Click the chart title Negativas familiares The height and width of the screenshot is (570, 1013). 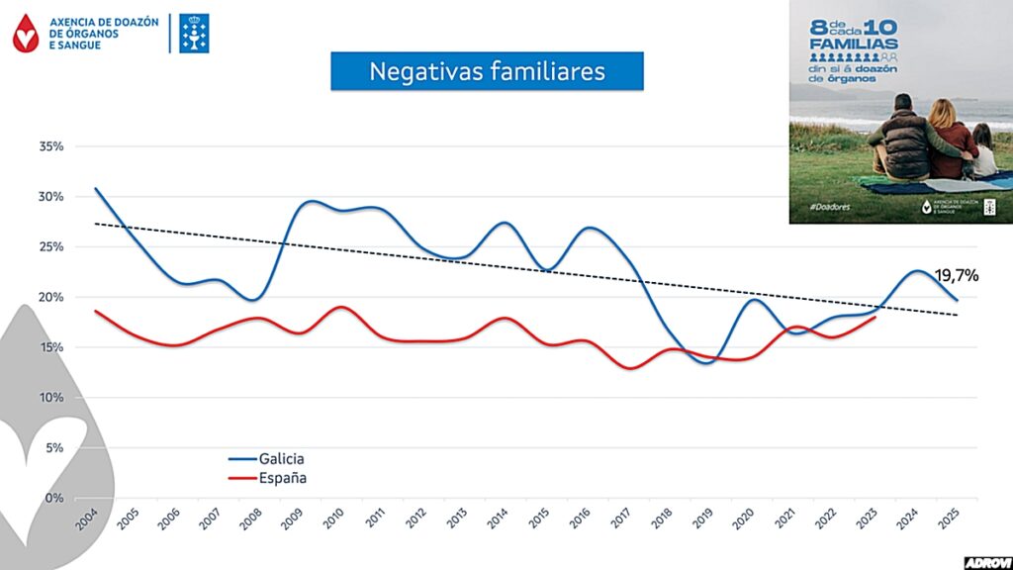487,71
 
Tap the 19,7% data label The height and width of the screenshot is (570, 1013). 956,276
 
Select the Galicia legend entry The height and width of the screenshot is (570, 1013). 281,459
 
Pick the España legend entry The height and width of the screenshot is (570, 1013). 282,478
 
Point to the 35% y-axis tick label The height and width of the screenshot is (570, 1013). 51,146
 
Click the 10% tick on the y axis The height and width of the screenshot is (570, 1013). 51,398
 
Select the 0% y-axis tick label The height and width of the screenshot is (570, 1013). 54,499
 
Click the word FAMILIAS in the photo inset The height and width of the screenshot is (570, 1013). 852,45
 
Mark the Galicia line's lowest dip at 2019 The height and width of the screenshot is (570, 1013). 703,362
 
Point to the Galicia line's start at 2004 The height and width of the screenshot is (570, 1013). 96,188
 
